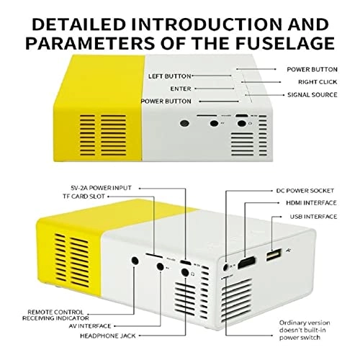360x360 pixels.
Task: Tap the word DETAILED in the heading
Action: click(79, 24)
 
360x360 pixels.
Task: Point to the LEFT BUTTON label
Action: click(169, 76)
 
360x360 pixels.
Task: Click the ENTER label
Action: click(181, 89)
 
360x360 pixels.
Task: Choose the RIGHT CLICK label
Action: click(318, 82)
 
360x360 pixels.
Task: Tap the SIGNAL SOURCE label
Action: click(312, 95)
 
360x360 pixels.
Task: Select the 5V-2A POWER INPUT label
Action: click(101, 188)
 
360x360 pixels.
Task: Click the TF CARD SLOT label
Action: click(84, 197)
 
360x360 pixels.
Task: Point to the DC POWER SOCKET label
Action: click(305, 191)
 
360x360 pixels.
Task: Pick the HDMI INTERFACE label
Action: click(311, 203)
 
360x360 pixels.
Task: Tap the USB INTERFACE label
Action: click(313, 217)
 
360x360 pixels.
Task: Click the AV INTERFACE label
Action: click(90, 326)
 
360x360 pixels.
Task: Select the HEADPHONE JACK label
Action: click(108, 336)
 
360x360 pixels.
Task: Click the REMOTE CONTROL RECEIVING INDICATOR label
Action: click(55, 315)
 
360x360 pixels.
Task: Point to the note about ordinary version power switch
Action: click(305, 330)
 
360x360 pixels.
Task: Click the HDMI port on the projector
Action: click(246, 263)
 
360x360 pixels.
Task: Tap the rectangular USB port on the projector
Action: click(274, 255)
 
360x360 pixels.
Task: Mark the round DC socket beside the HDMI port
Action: click(225, 267)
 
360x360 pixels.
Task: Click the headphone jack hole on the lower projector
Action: click(185, 272)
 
